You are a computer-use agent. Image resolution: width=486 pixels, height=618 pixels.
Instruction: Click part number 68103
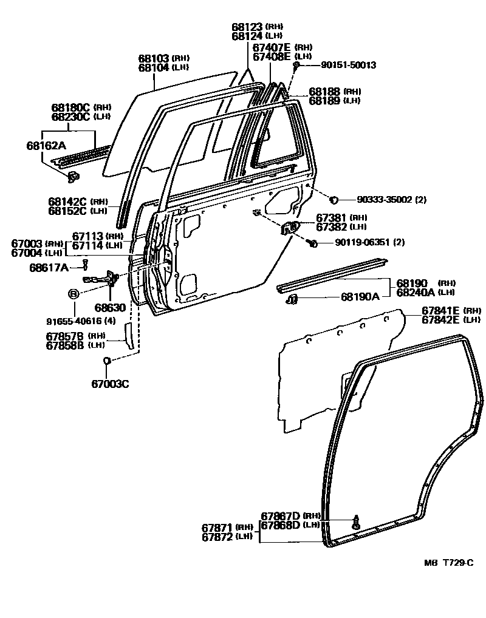pyautogui.click(x=154, y=58)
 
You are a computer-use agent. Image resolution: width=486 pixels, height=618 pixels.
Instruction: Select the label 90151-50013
pyautogui.click(x=340, y=64)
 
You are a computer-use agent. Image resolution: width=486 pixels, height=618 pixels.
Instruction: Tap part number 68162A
pyautogui.click(x=46, y=146)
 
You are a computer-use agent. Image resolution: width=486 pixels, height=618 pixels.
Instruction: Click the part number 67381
pyautogui.click(x=332, y=217)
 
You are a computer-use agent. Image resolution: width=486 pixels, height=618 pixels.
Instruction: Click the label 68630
pyautogui.click(x=110, y=308)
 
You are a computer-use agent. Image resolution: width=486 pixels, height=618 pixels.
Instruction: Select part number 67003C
pyautogui.click(x=111, y=384)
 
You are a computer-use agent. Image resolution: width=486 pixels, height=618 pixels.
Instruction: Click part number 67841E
pyautogui.click(x=441, y=311)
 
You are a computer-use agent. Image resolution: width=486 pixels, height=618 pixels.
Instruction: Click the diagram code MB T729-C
pyautogui.click(x=448, y=563)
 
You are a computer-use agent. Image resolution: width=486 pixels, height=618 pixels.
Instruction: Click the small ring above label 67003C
pyautogui.click(x=106, y=361)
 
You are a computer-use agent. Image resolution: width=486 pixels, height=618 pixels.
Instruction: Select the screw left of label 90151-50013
pyautogui.click(x=296, y=64)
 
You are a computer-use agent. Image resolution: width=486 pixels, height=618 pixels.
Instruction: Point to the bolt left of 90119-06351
pyautogui.click(x=312, y=243)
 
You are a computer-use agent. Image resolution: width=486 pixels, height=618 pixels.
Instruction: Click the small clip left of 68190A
pyautogui.click(x=292, y=299)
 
